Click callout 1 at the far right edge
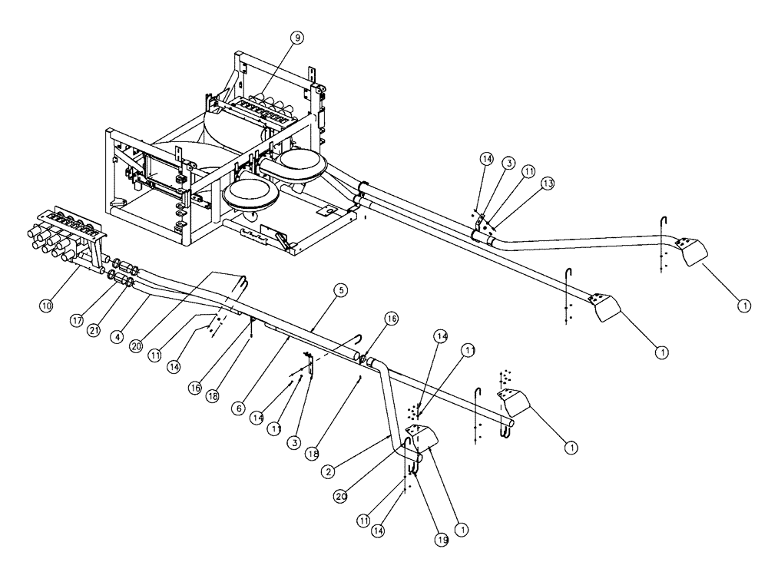(x=743, y=305)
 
